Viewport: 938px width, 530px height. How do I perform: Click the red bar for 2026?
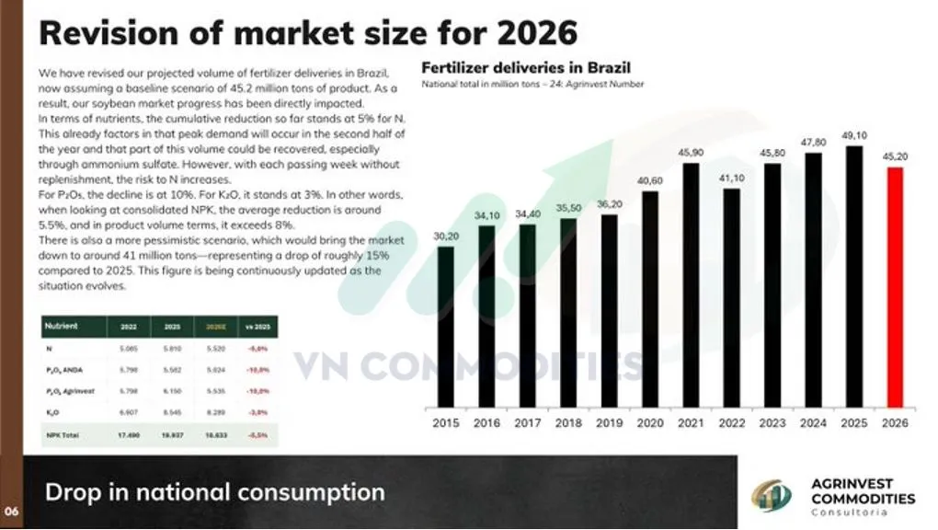[895, 286]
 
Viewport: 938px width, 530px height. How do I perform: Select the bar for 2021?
[691, 284]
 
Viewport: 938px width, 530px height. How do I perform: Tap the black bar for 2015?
[445, 326]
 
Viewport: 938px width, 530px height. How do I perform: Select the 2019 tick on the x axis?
[609, 423]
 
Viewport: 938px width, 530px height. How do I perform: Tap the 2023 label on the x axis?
[772, 423]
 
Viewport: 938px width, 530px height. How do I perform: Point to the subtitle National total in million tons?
[532, 85]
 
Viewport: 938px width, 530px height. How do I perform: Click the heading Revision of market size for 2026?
[308, 33]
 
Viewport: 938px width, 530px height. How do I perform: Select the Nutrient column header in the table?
[63, 326]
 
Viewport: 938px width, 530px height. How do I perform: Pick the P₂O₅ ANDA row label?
[64, 369]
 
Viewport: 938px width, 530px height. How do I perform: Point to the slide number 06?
[10, 512]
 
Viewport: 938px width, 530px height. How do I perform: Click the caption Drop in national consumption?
[214, 492]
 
